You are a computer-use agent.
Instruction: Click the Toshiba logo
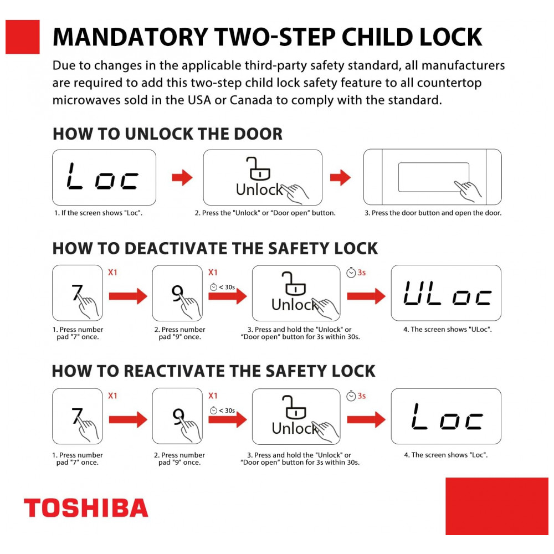(x=86, y=507)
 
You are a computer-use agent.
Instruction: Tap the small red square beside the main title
(x=23, y=37)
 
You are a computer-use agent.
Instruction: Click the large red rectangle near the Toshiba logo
(x=497, y=506)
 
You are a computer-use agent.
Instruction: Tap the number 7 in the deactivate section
(x=76, y=293)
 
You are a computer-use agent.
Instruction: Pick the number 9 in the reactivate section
(x=178, y=416)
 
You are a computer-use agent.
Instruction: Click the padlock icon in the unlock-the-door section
(x=258, y=168)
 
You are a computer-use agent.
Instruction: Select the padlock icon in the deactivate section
(x=294, y=283)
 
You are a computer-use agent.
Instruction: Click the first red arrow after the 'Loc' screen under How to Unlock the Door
(x=182, y=177)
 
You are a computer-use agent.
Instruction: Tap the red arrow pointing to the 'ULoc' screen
(x=366, y=296)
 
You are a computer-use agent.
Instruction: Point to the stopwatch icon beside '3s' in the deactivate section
(x=351, y=273)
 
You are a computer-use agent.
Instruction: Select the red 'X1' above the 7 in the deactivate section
(x=112, y=273)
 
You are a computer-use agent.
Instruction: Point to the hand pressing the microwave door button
(x=468, y=191)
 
